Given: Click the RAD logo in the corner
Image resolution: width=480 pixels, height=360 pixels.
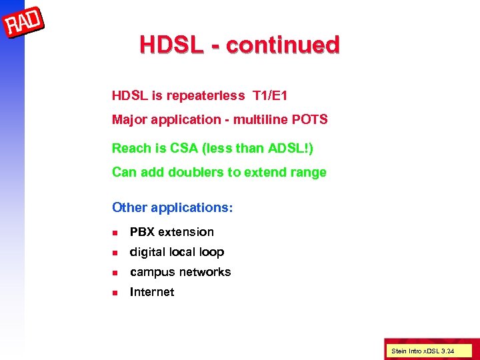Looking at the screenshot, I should (x=24, y=25).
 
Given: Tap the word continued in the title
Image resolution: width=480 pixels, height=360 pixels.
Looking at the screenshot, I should (x=283, y=45).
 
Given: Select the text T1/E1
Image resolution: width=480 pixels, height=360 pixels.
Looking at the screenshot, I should (x=270, y=96).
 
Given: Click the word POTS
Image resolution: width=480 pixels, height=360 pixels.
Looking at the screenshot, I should (x=311, y=120).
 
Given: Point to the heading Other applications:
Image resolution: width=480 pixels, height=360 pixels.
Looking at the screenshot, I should (x=173, y=207).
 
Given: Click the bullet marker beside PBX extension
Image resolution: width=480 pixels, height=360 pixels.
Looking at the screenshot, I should (x=115, y=233).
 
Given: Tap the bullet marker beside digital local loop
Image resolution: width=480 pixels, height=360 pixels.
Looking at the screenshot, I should (x=115, y=253).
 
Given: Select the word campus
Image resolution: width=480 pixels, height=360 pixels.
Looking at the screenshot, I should (x=151, y=272).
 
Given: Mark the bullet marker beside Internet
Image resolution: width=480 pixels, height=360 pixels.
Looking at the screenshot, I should (x=115, y=293).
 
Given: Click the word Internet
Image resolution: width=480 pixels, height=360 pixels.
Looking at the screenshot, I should (x=152, y=292).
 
